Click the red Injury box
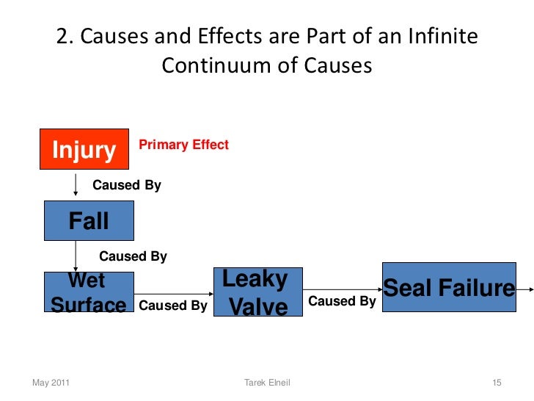pyautogui.click(x=83, y=151)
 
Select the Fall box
pyautogui.click(x=89, y=220)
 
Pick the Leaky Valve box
pyautogui.click(x=257, y=292)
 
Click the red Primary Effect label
pyautogui.click(x=183, y=145)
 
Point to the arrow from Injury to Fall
pyautogui.click(x=76, y=185)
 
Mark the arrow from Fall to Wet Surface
pyautogui.click(x=76, y=256)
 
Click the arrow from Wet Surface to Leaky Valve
pyautogui.click(x=173, y=292)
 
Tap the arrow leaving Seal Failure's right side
pyautogui.click(x=524, y=289)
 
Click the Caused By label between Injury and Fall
pyautogui.click(x=126, y=186)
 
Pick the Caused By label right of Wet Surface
pyautogui.click(x=172, y=306)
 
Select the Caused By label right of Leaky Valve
pyautogui.click(x=342, y=301)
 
